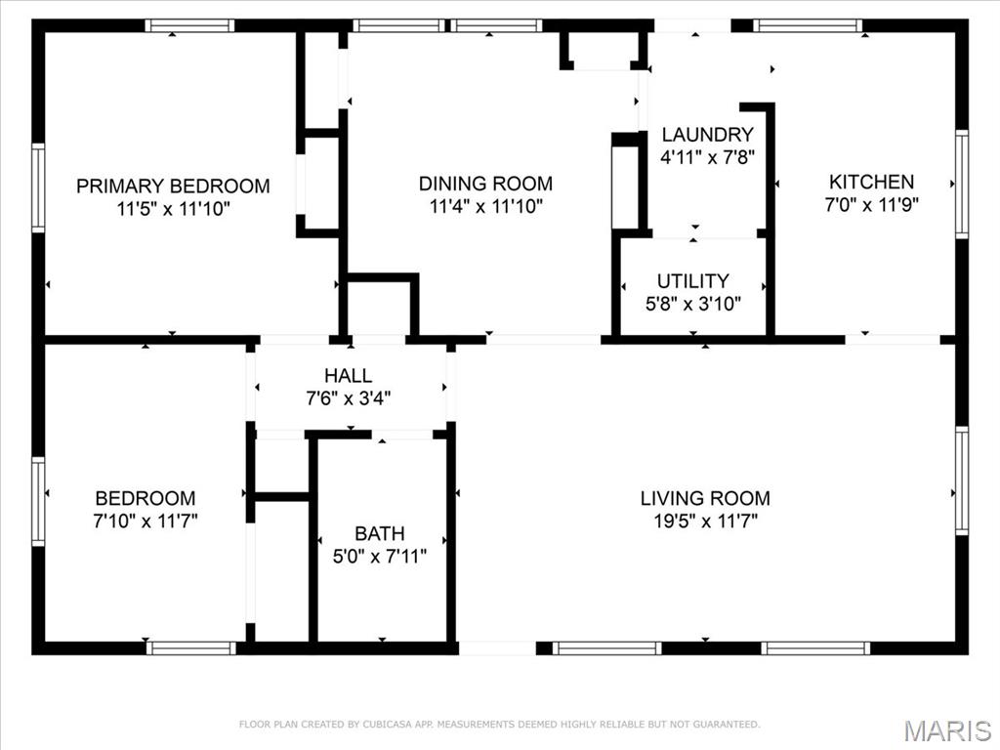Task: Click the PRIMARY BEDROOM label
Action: tap(173, 186)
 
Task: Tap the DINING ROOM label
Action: tap(485, 184)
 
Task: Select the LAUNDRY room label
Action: tap(707, 135)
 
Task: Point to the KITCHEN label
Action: tap(871, 182)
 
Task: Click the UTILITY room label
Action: tap(692, 281)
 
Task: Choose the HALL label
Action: tap(349, 376)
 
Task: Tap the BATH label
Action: tap(380, 533)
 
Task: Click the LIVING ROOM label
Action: tap(705, 498)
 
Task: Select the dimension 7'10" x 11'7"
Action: tap(146, 521)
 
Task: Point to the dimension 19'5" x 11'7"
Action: tap(705, 521)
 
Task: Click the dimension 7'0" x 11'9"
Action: tap(871, 205)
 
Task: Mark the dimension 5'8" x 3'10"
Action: tap(693, 304)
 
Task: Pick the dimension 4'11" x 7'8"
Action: tap(707, 157)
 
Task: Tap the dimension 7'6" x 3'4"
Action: tap(349, 398)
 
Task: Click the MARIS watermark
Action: tap(947, 730)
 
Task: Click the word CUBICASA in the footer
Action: tap(388, 725)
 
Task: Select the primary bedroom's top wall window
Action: tap(189, 25)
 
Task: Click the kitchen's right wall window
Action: tap(961, 184)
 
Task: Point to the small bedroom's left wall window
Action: tap(38, 501)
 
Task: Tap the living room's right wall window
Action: tap(961, 480)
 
